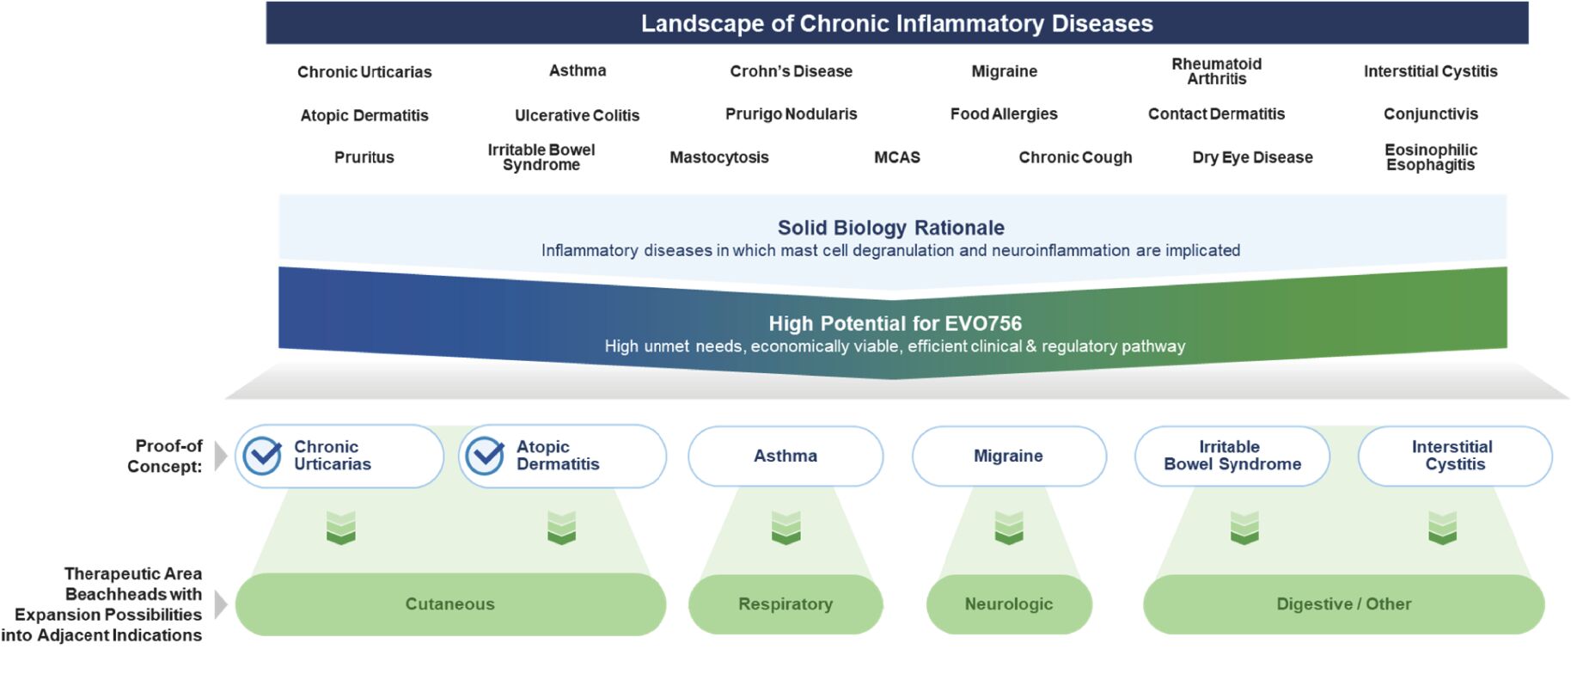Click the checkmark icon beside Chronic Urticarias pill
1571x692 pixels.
pyautogui.click(x=262, y=456)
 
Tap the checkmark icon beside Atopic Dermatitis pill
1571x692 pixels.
pyautogui.click(x=485, y=456)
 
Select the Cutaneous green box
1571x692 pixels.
pyautogui.click(x=450, y=604)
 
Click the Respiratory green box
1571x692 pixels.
pyautogui.click(x=785, y=604)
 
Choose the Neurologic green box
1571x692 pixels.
pyautogui.click(x=1009, y=604)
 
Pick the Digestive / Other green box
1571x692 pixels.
pyautogui.click(x=1343, y=604)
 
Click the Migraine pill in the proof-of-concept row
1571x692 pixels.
pyautogui.click(x=1009, y=456)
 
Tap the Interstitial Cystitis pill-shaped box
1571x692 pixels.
pyautogui.click(x=1455, y=456)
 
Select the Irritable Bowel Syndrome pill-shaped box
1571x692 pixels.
pyautogui.click(x=1232, y=456)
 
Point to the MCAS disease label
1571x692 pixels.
pyautogui.click(x=897, y=157)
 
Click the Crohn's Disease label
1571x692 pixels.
pyautogui.click(x=791, y=71)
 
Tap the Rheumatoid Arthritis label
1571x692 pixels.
pyautogui.click(x=1217, y=71)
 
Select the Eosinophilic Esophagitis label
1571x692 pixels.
pyautogui.click(x=1431, y=157)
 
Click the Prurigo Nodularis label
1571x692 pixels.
pyautogui.click(x=791, y=114)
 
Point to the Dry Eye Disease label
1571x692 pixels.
pyautogui.click(x=1252, y=157)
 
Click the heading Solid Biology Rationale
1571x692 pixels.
pyautogui.click(x=891, y=228)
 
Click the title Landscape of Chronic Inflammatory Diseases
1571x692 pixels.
pyautogui.click(x=897, y=23)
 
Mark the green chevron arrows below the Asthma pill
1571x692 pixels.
pyautogui.click(x=785, y=528)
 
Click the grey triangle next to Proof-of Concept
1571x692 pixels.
pyautogui.click(x=221, y=456)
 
